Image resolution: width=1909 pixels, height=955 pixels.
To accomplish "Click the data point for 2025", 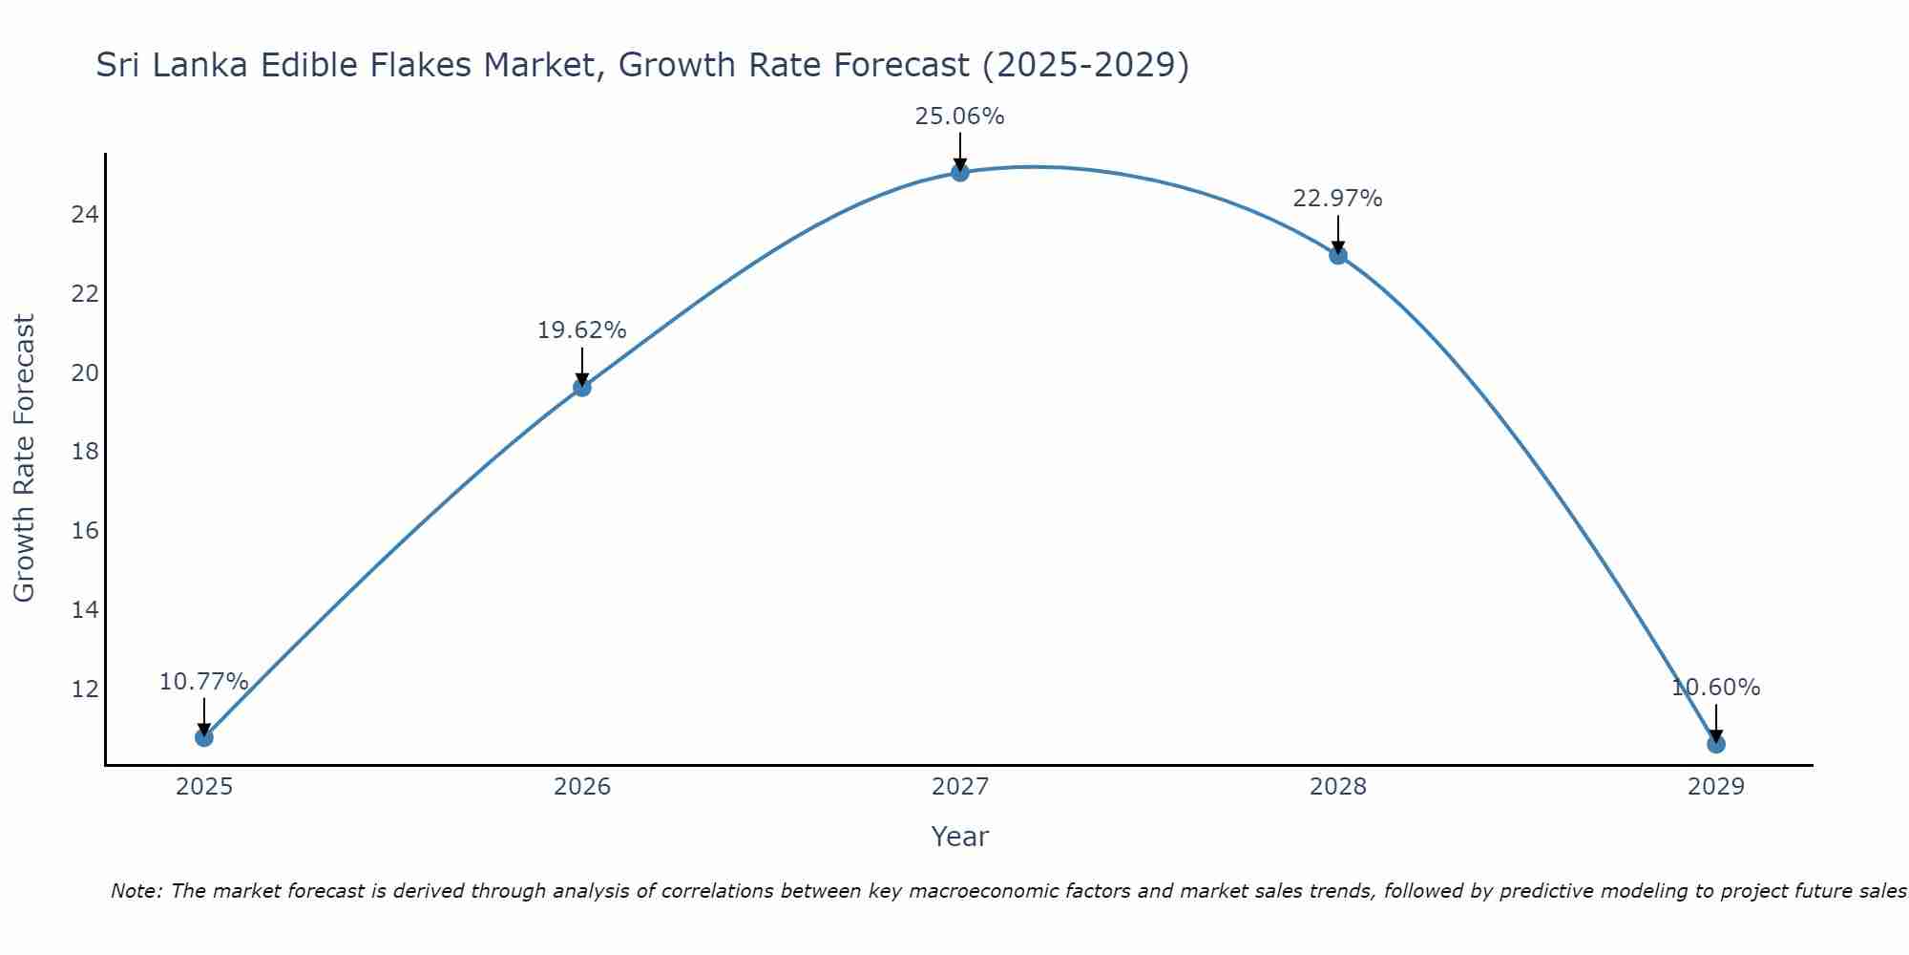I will coord(203,737).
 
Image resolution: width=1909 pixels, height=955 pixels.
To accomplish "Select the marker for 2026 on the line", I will coord(581,387).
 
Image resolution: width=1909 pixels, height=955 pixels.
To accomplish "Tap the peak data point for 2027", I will coord(959,172).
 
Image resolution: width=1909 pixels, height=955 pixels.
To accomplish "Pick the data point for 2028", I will coord(1337,255).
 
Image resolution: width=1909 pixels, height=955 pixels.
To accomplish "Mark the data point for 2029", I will coord(1715,744).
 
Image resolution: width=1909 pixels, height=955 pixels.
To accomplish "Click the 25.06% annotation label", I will coord(959,117).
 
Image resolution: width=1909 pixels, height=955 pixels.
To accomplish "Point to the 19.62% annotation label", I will coord(581,330).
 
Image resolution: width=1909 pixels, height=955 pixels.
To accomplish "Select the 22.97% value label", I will coord(1337,199).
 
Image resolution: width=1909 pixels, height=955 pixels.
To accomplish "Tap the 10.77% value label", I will coord(203,682).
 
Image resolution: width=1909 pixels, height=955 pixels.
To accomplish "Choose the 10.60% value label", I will coord(1715,688).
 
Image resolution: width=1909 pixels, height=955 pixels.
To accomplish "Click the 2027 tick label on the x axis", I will coord(959,787).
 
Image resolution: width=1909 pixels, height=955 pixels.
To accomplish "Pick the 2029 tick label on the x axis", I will coord(1715,787).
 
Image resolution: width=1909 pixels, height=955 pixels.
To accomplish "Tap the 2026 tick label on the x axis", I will coord(581,787).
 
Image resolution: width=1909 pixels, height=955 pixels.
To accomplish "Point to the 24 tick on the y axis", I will coord(85,214).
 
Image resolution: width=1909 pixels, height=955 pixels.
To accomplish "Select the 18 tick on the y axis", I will coord(85,451).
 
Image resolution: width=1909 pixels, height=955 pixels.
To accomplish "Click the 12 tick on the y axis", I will coord(85,689).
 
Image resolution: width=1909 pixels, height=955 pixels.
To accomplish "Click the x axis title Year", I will coord(959,837).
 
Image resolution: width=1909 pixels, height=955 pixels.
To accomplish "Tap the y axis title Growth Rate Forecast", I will coord(24,458).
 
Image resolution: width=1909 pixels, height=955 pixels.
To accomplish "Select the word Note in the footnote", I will coord(136,891).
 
